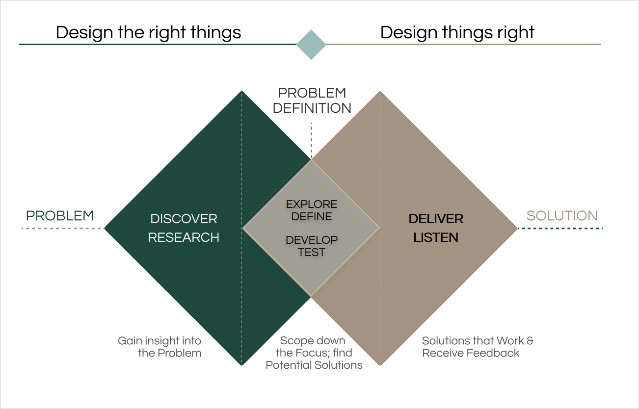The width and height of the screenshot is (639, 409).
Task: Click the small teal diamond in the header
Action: [x=311, y=45]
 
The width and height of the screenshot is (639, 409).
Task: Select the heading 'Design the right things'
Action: [x=148, y=32]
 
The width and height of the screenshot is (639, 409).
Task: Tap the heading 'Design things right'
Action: [x=457, y=32]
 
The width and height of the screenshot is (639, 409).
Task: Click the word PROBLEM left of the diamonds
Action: [x=60, y=216]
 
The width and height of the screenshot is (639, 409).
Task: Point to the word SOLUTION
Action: [x=562, y=216]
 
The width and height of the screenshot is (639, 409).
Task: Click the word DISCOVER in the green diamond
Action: [x=184, y=219]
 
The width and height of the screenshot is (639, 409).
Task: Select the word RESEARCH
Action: [x=184, y=237]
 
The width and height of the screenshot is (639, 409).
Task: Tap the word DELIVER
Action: [x=436, y=219]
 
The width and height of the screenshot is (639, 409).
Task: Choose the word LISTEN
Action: [x=436, y=237]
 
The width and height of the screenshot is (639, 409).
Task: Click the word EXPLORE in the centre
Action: [x=312, y=204]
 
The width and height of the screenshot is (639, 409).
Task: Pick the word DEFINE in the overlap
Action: [x=312, y=216]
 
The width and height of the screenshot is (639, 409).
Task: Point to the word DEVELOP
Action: [x=312, y=240]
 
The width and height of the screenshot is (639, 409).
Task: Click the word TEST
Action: [x=312, y=252]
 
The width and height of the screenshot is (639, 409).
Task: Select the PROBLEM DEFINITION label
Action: [x=312, y=101]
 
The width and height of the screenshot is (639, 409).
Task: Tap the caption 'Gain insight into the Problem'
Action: [x=160, y=347]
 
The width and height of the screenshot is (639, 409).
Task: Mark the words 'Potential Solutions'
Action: [x=314, y=365]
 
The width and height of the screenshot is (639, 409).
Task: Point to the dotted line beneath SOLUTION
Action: [x=560, y=229]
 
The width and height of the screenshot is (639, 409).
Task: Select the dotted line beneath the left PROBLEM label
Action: [x=63, y=229]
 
